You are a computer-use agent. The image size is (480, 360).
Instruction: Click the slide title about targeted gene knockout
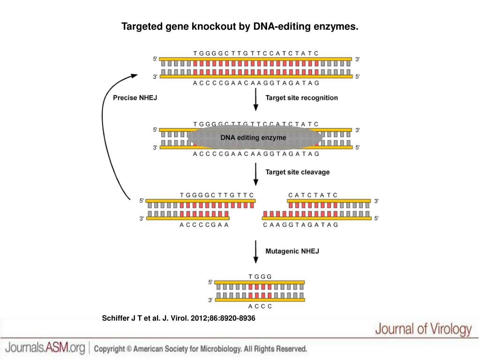click(240, 26)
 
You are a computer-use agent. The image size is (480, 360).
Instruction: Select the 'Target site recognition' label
click(301, 98)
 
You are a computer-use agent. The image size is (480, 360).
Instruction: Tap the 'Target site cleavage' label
click(297, 172)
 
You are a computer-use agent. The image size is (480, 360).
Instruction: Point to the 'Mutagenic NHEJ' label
click(292, 251)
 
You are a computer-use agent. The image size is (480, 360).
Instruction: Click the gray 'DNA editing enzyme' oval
click(254, 137)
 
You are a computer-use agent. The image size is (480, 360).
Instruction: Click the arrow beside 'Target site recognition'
click(255, 99)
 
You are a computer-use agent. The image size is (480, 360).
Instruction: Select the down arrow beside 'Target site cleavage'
click(255, 174)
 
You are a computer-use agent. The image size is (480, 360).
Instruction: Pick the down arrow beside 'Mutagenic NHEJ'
click(255, 252)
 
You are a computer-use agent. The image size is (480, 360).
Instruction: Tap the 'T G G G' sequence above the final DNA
click(260, 277)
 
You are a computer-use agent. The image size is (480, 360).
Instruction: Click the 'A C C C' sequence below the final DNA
click(260, 307)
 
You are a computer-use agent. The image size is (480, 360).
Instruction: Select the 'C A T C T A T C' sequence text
click(313, 195)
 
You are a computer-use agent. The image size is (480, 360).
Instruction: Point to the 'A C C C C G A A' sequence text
click(204, 225)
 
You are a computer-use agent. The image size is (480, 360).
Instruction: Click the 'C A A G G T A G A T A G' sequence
click(300, 225)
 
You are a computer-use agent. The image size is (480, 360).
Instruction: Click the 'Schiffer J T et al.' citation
click(179, 318)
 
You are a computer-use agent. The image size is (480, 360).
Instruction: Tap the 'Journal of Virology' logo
click(423, 330)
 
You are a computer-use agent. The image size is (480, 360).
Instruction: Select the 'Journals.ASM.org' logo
click(45, 348)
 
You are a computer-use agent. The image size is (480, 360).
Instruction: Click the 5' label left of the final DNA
click(210, 282)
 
